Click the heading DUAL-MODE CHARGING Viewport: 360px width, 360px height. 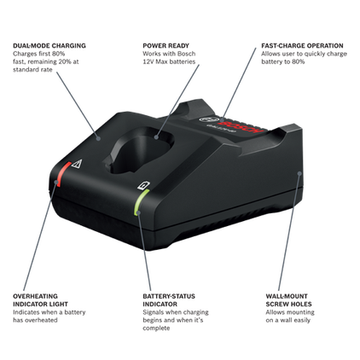pos(49,45)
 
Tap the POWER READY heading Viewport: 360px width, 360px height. pos(165,45)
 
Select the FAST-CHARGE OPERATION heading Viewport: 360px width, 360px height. pos(302,45)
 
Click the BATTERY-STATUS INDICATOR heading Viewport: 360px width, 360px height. pos(169,300)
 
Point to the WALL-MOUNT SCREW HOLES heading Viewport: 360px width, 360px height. pos(288,300)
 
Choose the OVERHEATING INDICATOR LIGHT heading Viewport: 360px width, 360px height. pos(40,300)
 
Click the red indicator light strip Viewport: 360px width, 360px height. pos(63,174)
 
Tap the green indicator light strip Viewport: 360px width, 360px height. pos(141,202)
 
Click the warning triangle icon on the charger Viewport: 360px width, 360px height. pos(77,164)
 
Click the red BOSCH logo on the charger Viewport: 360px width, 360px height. pos(241,127)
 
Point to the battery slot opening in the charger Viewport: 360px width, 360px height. pos(141,149)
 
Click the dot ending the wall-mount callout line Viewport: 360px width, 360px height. pos(299,173)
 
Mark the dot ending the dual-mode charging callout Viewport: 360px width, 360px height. pos(98,138)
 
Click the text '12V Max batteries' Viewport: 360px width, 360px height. pos(169,61)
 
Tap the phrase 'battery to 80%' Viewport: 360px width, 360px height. pos(283,61)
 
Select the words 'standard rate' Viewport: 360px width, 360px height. pos(32,69)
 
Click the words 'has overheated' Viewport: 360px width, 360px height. pos(35,320)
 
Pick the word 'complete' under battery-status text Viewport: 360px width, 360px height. pos(156,328)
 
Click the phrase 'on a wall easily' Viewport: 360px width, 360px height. pos(288,320)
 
